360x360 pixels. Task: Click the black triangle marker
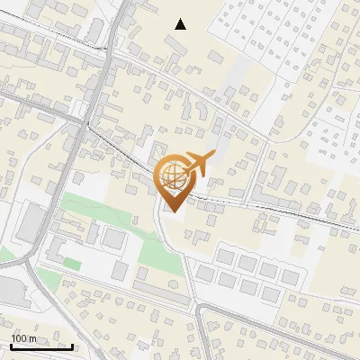click(181, 24)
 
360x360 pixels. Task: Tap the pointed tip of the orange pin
click(171, 211)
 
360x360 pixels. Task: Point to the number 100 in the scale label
click(19, 338)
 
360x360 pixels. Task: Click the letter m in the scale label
click(32, 338)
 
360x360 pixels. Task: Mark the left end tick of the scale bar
click(10, 346)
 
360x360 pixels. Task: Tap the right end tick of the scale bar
click(73, 346)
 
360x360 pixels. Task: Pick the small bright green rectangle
click(71, 264)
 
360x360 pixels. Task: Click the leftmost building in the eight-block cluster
click(206, 273)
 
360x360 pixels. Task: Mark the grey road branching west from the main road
click(36, 115)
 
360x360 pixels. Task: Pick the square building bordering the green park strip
click(114, 238)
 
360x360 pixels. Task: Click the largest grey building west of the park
click(32, 225)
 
